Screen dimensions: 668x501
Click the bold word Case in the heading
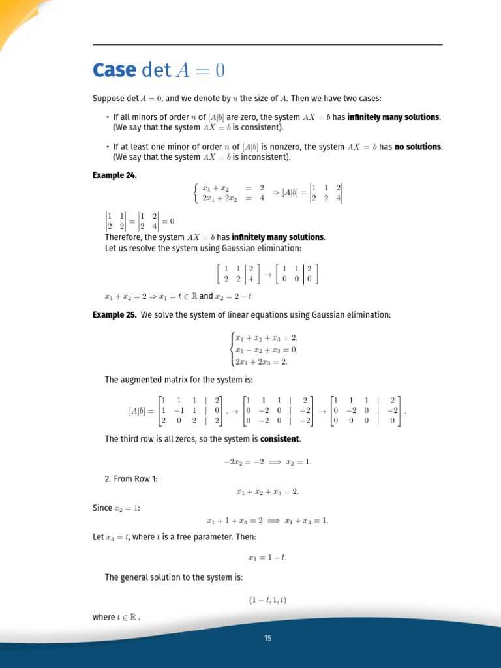(114, 70)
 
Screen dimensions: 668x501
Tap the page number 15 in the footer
(267, 638)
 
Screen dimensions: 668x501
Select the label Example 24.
(115, 175)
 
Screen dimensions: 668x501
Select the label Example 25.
(115, 315)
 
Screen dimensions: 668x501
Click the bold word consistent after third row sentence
(280, 439)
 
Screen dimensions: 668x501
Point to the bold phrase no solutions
(418, 147)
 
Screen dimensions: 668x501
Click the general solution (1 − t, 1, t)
(267, 599)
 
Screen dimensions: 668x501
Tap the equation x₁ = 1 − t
(267, 557)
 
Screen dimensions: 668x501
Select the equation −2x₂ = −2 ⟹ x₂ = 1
(267, 462)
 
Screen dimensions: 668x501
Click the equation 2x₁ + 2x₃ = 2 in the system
(261, 361)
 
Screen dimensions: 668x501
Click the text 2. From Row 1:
(131, 479)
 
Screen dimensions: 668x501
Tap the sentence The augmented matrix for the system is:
(178, 380)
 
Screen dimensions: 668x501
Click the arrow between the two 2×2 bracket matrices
(267, 275)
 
